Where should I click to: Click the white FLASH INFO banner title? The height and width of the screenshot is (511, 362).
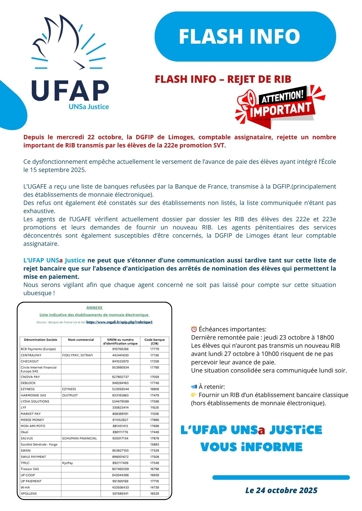click(239, 36)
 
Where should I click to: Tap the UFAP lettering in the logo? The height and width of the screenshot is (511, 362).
click(70, 91)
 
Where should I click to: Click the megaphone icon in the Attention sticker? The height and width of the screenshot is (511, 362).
click(247, 100)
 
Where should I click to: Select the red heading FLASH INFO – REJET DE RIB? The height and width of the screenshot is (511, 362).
click(223, 79)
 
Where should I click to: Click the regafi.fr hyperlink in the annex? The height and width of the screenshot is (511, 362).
click(119, 322)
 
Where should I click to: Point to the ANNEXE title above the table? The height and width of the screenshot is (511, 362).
click(94, 308)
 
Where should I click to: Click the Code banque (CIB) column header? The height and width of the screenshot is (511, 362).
click(154, 342)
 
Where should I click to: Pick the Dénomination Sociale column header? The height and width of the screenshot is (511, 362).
click(40, 340)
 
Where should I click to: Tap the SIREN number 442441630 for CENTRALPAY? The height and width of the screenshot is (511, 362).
click(120, 355)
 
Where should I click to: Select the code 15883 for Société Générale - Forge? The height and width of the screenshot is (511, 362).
click(154, 445)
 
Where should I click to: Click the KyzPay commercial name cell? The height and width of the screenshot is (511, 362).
click(68, 463)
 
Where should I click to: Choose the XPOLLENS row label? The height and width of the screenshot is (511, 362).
click(29, 494)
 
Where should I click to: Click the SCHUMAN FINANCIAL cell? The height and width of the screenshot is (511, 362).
click(80, 438)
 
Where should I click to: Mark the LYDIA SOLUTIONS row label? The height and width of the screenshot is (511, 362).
click(35, 401)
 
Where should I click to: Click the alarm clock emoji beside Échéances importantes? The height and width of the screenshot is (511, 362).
click(194, 329)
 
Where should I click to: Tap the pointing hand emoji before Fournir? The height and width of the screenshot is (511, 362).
click(194, 395)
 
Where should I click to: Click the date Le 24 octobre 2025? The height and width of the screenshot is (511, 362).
click(281, 490)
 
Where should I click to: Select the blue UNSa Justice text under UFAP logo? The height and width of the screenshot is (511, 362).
click(89, 107)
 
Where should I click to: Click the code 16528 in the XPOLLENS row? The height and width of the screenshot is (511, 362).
click(154, 494)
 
